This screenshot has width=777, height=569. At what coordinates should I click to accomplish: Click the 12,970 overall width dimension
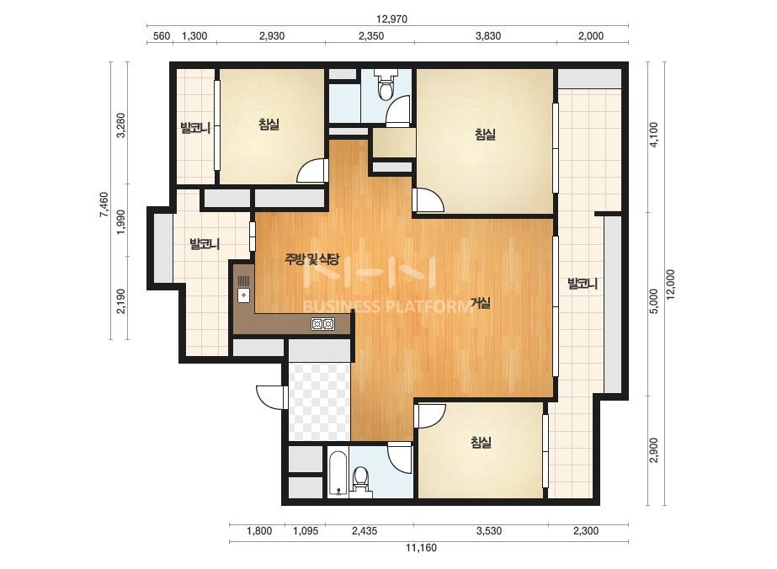click(391, 19)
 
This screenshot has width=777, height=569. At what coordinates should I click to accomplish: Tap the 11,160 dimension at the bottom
click(421, 548)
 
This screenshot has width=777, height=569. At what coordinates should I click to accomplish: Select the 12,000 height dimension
click(670, 285)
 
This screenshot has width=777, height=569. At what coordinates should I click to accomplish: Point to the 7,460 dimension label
click(104, 205)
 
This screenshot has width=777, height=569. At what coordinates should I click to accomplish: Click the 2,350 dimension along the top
click(371, 35)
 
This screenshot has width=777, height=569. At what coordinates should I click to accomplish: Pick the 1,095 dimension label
click(306, 531)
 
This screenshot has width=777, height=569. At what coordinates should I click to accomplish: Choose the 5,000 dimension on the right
click(654, 301)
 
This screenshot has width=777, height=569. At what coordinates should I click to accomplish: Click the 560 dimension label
click(162, 35)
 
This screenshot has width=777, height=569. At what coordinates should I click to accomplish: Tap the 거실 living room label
click(481, 303)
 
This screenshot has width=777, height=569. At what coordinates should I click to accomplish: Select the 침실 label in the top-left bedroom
click(269, 124)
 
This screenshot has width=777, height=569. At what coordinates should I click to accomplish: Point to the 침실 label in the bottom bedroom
click(481, 442)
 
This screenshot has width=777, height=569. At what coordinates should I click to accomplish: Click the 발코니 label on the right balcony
click(583, 284)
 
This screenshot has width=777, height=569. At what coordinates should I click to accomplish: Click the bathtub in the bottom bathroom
click(338, 473)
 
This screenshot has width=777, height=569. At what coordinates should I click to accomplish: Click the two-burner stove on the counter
click(322, 324)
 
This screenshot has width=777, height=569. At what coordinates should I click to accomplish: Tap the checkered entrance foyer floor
click(320, 401)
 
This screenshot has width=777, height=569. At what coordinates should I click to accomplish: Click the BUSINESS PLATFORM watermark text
click(387, 306)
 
